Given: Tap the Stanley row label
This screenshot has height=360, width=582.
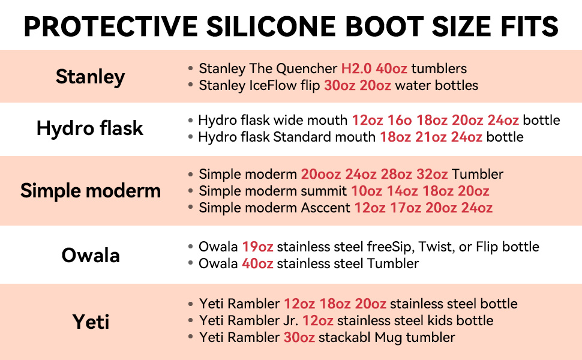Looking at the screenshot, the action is (90, 77).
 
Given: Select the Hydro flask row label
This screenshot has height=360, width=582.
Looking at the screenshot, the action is (90, 128).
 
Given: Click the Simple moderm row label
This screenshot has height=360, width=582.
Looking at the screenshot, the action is (91, 191).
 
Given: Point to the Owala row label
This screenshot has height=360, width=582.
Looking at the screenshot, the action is (91, 256).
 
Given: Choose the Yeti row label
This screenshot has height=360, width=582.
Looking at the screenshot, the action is (91, 322).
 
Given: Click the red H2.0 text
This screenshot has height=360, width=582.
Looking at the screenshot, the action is (356, 68).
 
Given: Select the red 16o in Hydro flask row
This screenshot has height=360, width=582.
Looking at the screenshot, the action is (400, 120).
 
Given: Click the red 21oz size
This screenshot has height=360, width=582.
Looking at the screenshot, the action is (431, 137).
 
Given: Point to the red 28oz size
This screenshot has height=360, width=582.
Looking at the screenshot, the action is (397, 174).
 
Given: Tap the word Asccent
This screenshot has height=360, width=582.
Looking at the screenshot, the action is (326, 208).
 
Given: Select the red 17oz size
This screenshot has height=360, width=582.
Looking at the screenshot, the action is (406, 208).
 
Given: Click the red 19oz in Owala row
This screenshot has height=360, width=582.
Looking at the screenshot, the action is (257, 247).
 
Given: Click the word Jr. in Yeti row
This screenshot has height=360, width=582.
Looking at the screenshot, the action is (290, 320).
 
